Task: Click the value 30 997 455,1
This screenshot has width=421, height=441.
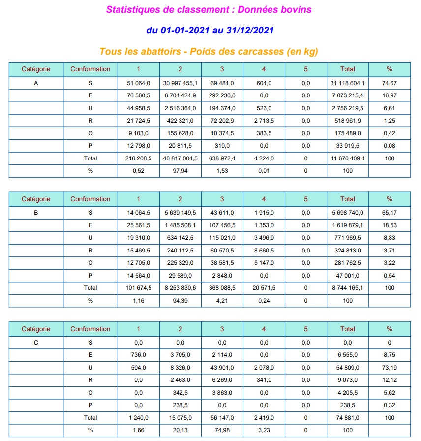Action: tap(180, 83)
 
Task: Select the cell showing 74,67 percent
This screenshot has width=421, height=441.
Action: tap(389, 83)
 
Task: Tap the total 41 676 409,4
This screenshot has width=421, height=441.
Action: tap(347, 158)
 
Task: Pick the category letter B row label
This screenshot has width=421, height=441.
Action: tap(36, 213)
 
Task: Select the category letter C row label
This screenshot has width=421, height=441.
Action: tap(36, 343)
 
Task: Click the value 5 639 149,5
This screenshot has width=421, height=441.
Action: tap(180, 213)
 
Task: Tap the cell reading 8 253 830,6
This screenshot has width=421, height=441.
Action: tap(180, 287)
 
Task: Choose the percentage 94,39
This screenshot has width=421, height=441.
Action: tap(180, 300)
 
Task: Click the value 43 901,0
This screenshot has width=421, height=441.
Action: tap(222, 367)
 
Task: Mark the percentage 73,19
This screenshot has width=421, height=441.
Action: tap(389, 367)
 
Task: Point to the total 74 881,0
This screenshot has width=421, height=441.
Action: tap(347, 417)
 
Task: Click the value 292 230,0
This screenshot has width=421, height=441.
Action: tap(222, 95)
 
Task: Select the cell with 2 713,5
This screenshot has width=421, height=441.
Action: tap(264, 121)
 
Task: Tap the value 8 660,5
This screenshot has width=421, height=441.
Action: tap(264, 250)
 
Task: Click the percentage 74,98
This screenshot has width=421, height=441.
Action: tap(222, 430)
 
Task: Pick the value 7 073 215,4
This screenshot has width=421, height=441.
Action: tap(347, 95)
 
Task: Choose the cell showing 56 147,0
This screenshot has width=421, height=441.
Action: tap(222, 417)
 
